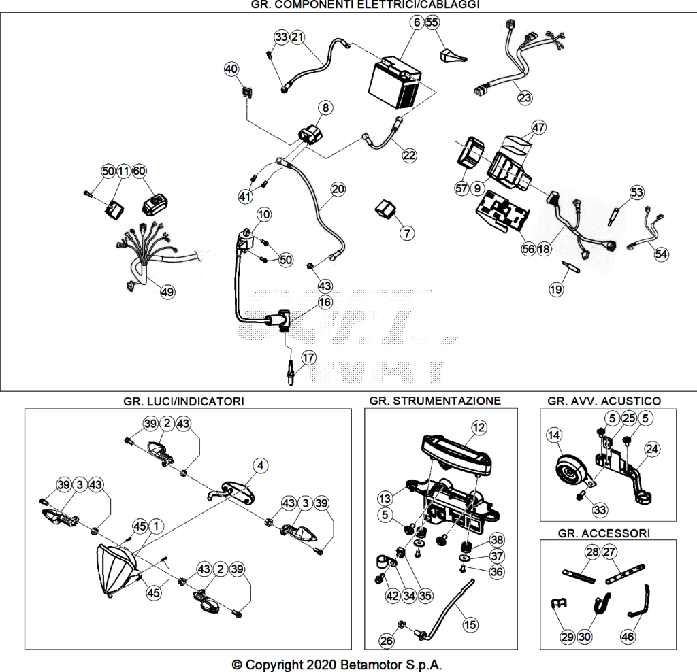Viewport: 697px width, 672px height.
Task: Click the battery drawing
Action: tap(395, 83)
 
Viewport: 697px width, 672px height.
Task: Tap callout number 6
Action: tap(417, 22)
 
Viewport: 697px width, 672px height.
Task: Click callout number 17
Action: tap(308, 358)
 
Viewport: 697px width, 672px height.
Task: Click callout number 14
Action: tap(554, 435)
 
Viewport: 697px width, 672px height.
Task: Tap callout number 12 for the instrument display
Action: tap(479, 428)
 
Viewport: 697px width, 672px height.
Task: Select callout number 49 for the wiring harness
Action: tap(167, 292)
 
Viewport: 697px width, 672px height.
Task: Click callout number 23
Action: tap(525, 98)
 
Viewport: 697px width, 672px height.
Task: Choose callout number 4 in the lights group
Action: tap(261, 465)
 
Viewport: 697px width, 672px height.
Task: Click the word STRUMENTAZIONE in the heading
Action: tap(447, 401)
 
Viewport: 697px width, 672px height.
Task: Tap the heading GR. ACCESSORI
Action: tap(604, 533)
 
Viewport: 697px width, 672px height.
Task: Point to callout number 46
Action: tap(627, 637)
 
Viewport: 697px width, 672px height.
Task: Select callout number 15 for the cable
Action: tap(470, 625)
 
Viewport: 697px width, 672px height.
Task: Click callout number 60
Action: tap(139, 171)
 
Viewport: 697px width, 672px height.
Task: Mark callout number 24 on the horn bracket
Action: tap(652, 449)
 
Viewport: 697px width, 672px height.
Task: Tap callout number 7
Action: tap(407, 233)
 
